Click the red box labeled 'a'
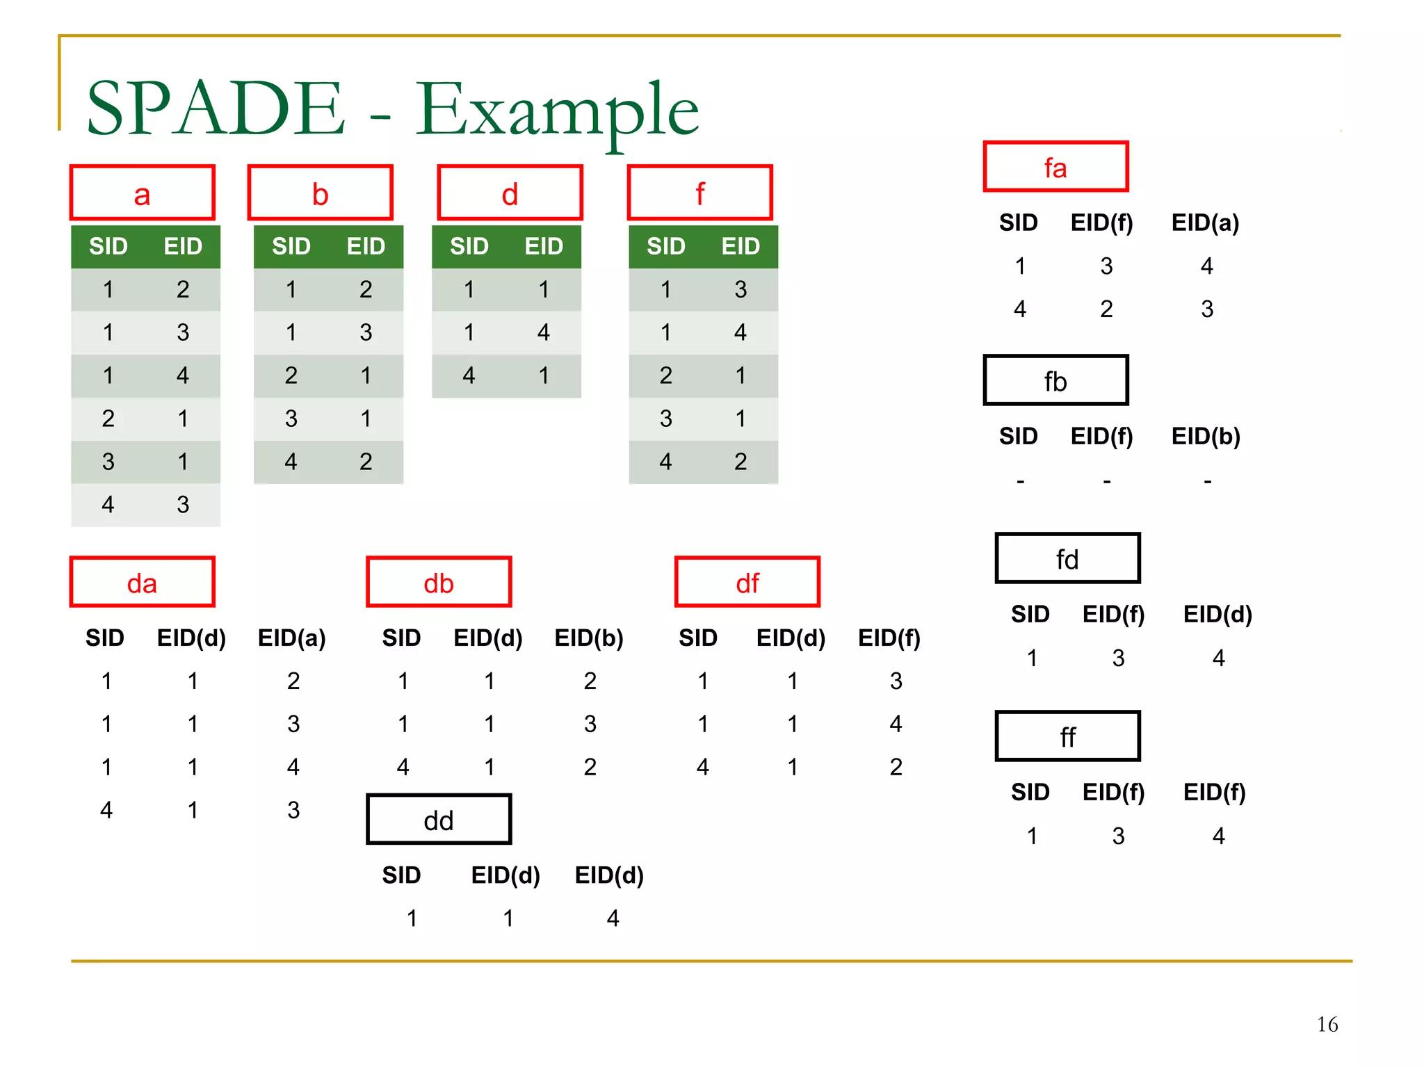tap(142, 193)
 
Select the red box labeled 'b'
tap(320, 193)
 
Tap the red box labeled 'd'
tap(510, 193)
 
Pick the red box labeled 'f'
tap(699, 193)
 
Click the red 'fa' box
tap(1055, 167)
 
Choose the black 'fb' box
tap(1055, 380)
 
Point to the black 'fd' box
tap(1067, 558)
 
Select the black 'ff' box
tap(1067, 736)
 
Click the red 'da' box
tap(142, 582)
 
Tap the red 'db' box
tap(438, 582)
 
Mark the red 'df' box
tap(747, 582)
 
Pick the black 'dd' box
tap(438, 820)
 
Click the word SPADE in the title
tap(216, 109)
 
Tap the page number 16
tap(1327, 1024)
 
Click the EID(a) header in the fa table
tap(1205, 222)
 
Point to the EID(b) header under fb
tap(1205, 436)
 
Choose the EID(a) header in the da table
tap(291, 638)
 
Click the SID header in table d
tap(469, 246)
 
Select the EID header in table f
tap(741, 246)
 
